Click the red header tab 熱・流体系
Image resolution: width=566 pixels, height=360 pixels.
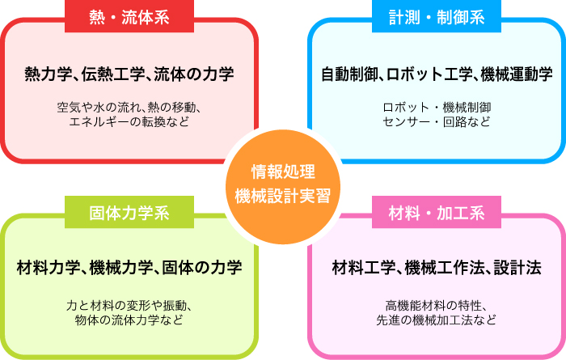[129, 17]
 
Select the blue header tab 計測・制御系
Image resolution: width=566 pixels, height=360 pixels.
[437, 17]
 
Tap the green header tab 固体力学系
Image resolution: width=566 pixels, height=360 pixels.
[129, 212]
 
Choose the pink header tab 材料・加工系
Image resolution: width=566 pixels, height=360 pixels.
[437, 212]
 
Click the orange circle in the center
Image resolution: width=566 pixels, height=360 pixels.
[283, 186]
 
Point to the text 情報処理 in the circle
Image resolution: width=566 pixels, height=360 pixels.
[283, 172]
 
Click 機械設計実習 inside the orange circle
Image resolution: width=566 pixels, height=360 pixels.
[283, 196]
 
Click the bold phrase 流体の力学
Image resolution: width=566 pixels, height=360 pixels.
[194, 74]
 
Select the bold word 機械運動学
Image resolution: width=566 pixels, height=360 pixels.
[517, 74]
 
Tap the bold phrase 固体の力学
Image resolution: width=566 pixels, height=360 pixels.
[202, 268]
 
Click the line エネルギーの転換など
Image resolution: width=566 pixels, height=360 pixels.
[129, 121]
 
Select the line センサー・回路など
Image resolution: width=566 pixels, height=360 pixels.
[437, 121]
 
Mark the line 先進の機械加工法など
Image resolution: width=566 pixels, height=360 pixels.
[437, 320]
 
